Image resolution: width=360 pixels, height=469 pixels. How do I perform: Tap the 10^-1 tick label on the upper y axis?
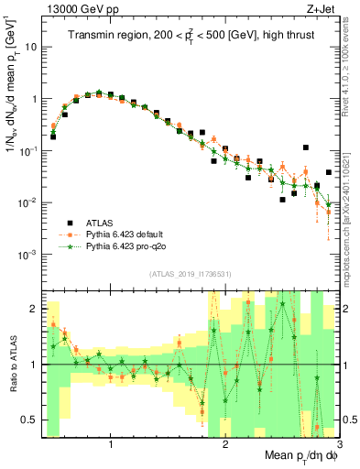coord(27,150)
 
